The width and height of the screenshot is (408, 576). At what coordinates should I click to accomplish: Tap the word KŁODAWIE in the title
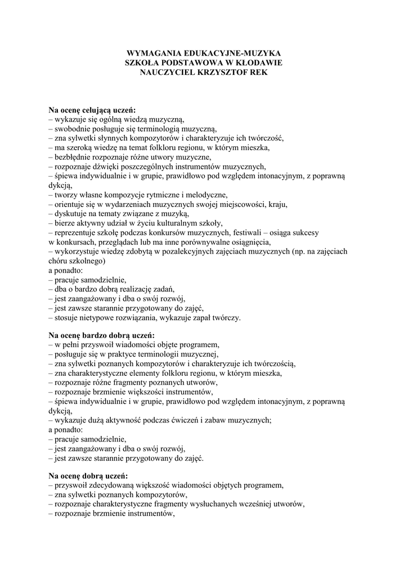coord(256,62)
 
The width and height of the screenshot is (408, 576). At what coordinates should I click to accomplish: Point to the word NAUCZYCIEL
coord(166,73)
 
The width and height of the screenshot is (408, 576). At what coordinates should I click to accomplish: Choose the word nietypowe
coord(103,318)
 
